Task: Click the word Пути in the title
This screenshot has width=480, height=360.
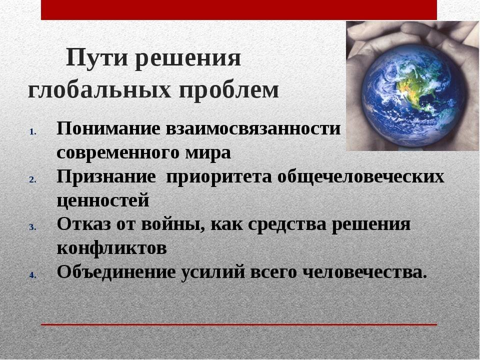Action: tap(96, 57)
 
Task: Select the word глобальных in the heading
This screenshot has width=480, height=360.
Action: tap(99, 91)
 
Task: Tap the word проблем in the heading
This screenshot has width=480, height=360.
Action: tap(229, 91)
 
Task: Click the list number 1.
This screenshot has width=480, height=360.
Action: tap(33, 132)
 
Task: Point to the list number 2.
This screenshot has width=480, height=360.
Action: tap(33, 179)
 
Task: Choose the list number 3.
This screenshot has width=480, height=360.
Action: tap(33, 227)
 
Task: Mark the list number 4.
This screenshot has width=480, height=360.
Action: tap(33, 275)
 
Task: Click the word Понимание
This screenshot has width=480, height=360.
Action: tap(108, 128)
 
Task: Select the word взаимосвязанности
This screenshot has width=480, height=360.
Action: tap(253, 128)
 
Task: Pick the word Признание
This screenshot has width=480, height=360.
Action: tap(106, 176)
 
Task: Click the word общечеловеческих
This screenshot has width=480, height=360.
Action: tap(360, 177)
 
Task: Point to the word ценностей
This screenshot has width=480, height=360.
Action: tap(103, 201)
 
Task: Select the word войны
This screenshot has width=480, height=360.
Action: tap(172, 224)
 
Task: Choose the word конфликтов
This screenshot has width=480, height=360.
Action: tap(111, 248)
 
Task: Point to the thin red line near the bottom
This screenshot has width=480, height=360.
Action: tap(239, 325)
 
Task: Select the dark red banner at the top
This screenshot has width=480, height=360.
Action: tap(239, 10)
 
